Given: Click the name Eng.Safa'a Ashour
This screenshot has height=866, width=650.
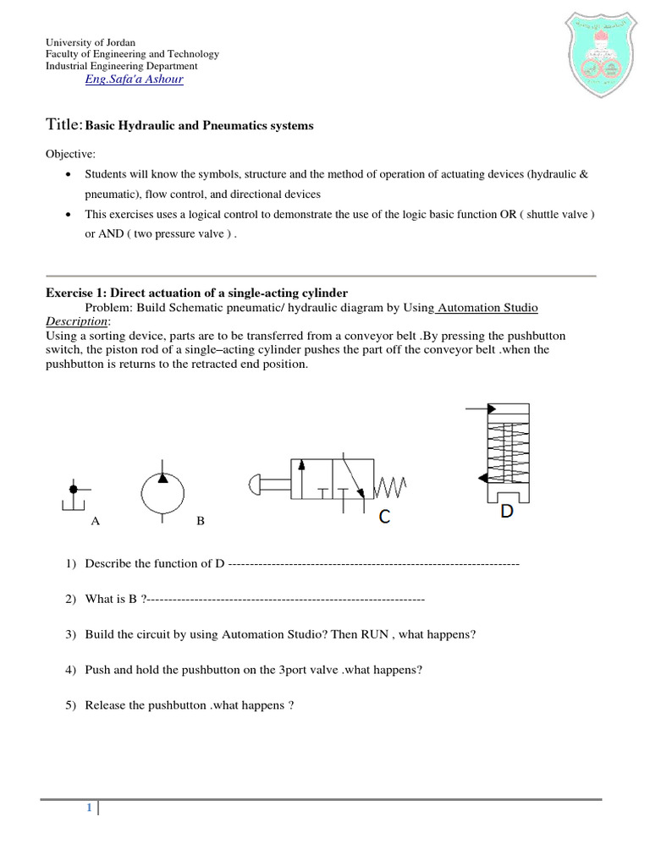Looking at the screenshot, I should (134, 79).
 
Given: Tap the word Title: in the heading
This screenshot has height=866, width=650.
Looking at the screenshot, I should (63, 125).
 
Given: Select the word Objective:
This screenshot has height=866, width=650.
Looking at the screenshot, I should (70, 155).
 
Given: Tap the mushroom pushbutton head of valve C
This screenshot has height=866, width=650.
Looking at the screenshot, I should (253, 485).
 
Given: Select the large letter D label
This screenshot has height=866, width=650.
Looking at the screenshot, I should (507, 512).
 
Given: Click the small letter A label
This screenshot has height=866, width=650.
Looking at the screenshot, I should (96, 522).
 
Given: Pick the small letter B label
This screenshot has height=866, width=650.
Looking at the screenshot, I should (201, 522).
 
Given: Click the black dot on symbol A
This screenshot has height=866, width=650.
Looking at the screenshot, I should (74, 489).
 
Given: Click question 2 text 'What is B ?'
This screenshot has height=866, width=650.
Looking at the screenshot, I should (117, 599).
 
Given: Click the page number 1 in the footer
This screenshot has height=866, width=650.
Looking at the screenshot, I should (88, 808).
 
